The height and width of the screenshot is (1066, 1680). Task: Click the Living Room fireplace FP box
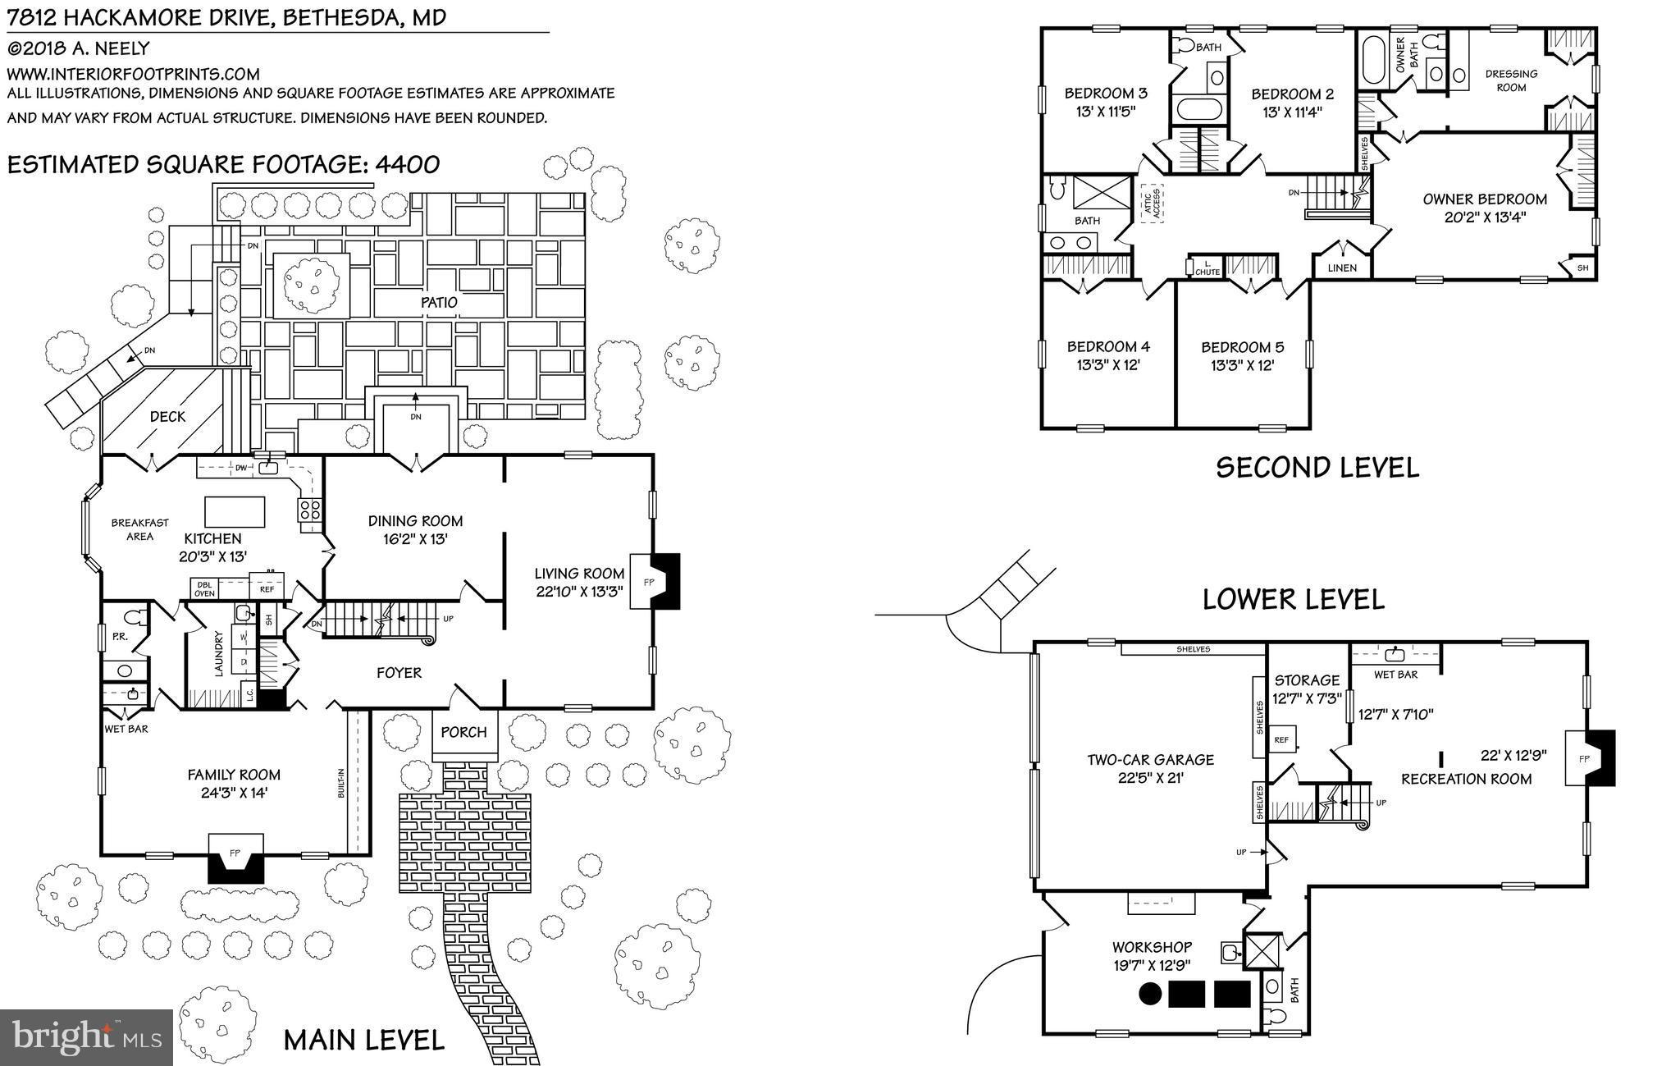(649, 581)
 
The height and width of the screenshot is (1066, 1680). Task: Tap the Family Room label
(234, 774)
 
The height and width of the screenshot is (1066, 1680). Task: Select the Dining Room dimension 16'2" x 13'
(415, 539)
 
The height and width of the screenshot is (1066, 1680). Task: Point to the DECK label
(167, 416)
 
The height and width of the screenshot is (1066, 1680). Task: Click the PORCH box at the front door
(464, 732)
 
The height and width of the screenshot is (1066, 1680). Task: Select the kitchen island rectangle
(235, 511)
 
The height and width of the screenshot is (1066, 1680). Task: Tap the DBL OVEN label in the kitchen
(204, 588)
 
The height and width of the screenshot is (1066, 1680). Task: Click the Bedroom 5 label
(1242, 347)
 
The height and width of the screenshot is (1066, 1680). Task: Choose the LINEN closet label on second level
(1342, 268)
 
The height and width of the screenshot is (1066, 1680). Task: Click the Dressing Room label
(1511, 80)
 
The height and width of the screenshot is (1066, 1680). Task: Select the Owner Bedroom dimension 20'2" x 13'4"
(1485, 217)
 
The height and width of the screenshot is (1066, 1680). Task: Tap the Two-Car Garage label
(1150, 760)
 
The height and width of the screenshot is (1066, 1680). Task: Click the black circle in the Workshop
(1151, 994)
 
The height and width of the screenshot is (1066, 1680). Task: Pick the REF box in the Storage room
(1281, 739)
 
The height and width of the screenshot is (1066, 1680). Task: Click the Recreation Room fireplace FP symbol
(1584, 758)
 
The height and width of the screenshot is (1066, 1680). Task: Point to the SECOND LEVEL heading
(1317, 467)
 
